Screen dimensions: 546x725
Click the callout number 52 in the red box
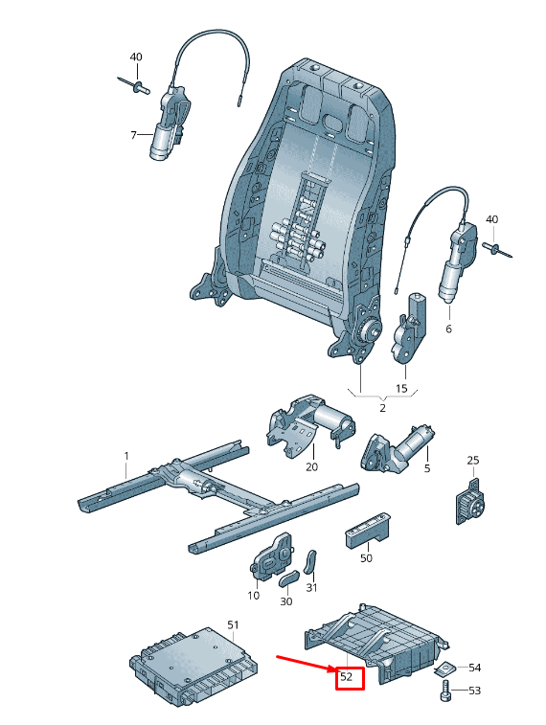[346, 677]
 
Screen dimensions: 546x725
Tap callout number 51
[233, 625]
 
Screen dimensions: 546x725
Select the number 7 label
[133, 135]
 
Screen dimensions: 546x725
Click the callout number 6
[448, 329]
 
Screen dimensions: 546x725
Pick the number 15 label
[401, 388]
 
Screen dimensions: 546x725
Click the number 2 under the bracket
[382, 408]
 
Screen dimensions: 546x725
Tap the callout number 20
[312, 466]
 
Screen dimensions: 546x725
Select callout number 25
[473, 460]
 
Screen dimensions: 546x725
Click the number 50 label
[366, 558]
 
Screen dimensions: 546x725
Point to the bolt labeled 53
[445, 691]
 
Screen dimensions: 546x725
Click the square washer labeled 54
[445, 668]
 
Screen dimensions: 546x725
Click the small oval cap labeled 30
[289, 578]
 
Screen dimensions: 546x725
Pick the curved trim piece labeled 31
[310, 562]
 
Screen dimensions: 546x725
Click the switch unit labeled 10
[272, 556]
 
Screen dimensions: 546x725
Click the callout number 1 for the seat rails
[126, 456]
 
